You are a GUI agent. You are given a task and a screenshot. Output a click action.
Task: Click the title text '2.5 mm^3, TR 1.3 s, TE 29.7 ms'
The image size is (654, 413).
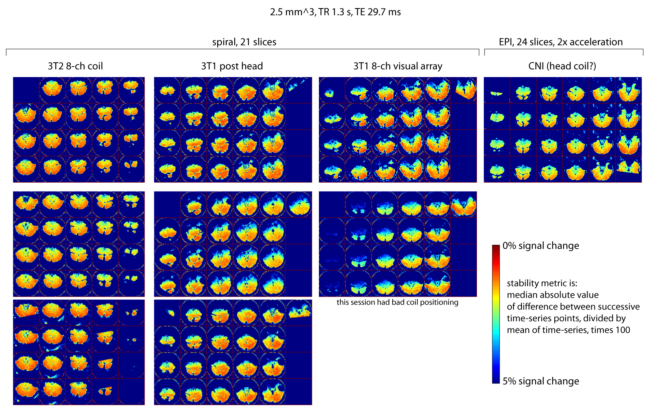[x=335, y=12]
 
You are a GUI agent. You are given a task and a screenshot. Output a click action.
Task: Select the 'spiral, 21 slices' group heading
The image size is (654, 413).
[x=244, y=42]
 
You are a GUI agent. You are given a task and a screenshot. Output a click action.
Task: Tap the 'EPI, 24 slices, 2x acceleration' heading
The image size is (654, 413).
[x=561, y=42]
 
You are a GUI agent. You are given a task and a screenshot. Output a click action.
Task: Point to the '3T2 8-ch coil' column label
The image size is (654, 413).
[x=75, y=66]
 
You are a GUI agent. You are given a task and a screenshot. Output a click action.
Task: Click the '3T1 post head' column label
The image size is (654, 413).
[x=232, y=66]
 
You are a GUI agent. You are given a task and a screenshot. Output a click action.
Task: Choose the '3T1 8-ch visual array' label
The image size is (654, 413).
[x=398, y=66]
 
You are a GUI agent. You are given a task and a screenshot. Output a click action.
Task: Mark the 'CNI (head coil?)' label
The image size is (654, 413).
[x=562, y=66]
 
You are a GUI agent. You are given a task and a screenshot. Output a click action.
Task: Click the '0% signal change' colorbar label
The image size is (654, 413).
[x=541, y=246]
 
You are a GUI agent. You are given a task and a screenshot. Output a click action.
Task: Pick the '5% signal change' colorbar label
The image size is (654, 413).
[x=541, y=381]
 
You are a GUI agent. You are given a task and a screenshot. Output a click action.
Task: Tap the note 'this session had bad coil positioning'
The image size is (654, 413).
[x=397, y=302]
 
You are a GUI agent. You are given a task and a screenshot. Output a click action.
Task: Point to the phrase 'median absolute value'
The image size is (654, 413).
[x=552, y=295]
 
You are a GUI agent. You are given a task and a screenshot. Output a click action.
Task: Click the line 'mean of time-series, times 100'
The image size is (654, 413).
[x=568, y=330]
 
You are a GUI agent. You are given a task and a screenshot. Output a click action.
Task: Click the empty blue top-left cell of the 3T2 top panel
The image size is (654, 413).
[x=26, y=90]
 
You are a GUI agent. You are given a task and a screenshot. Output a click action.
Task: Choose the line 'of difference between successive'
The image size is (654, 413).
[x=573, y=307]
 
